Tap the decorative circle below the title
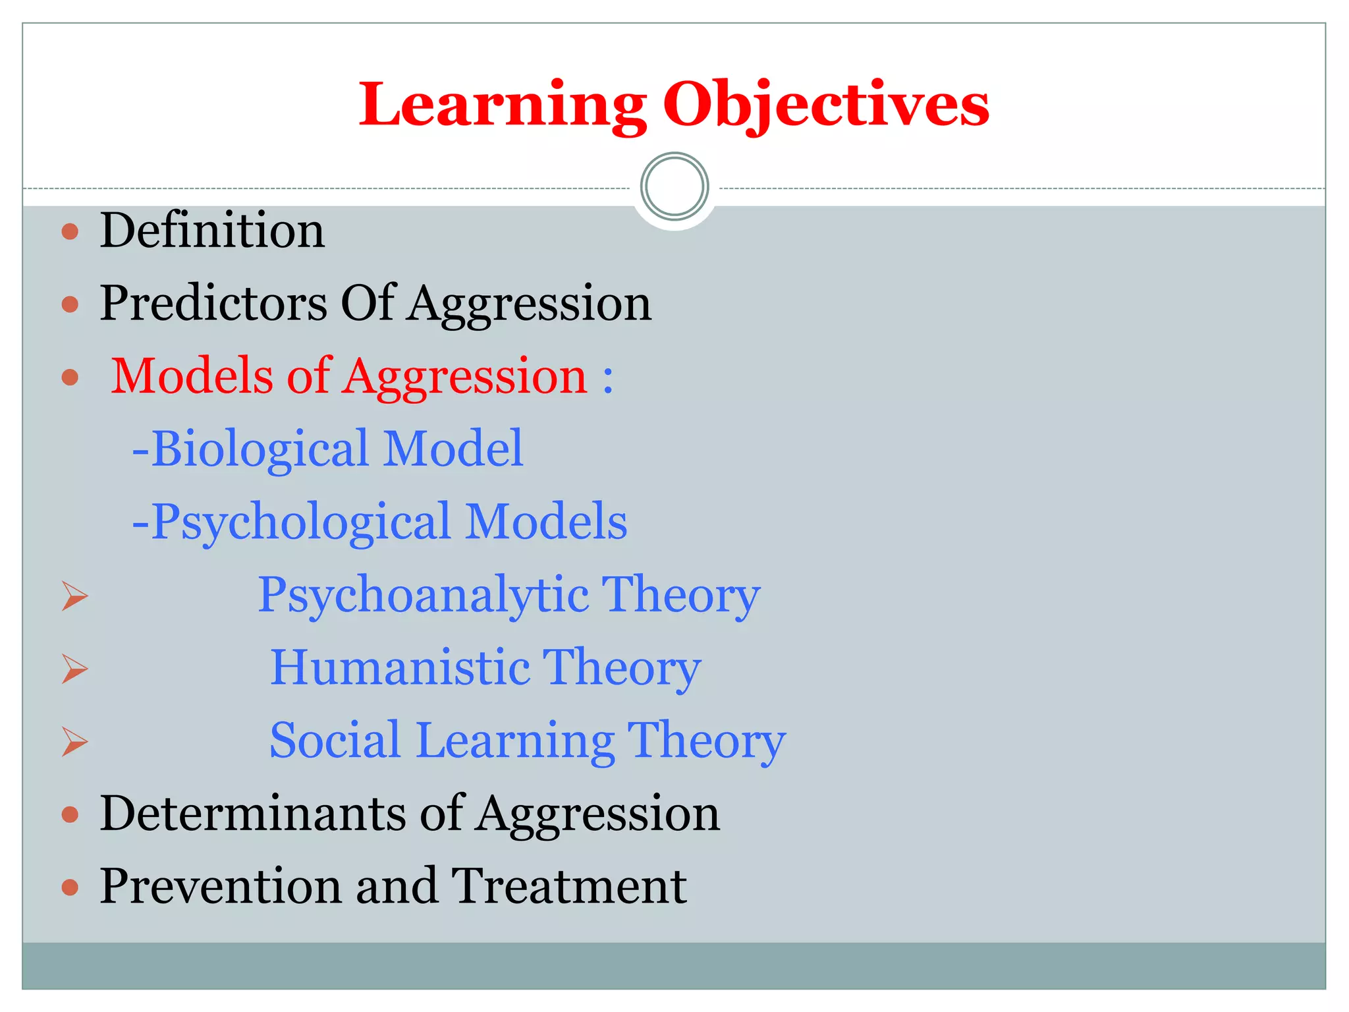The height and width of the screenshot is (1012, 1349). point(674,186)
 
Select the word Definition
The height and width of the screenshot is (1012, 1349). point(212,231)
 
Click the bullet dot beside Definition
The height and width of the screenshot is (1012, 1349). point(70,231)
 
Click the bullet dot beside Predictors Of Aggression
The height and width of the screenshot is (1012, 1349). point(70,304)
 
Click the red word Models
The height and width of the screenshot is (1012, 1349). point(192,376)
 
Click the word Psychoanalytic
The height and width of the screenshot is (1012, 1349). point(423,595)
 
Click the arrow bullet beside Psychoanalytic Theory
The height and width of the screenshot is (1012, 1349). point(75,596)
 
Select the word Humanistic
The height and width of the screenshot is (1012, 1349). point(400,667)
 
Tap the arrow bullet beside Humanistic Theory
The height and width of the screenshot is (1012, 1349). point(75,669)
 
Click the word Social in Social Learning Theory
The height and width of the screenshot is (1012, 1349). point(335,740)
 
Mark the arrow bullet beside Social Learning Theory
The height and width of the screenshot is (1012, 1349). point(75,742)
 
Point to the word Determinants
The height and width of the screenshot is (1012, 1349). point(253,813)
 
